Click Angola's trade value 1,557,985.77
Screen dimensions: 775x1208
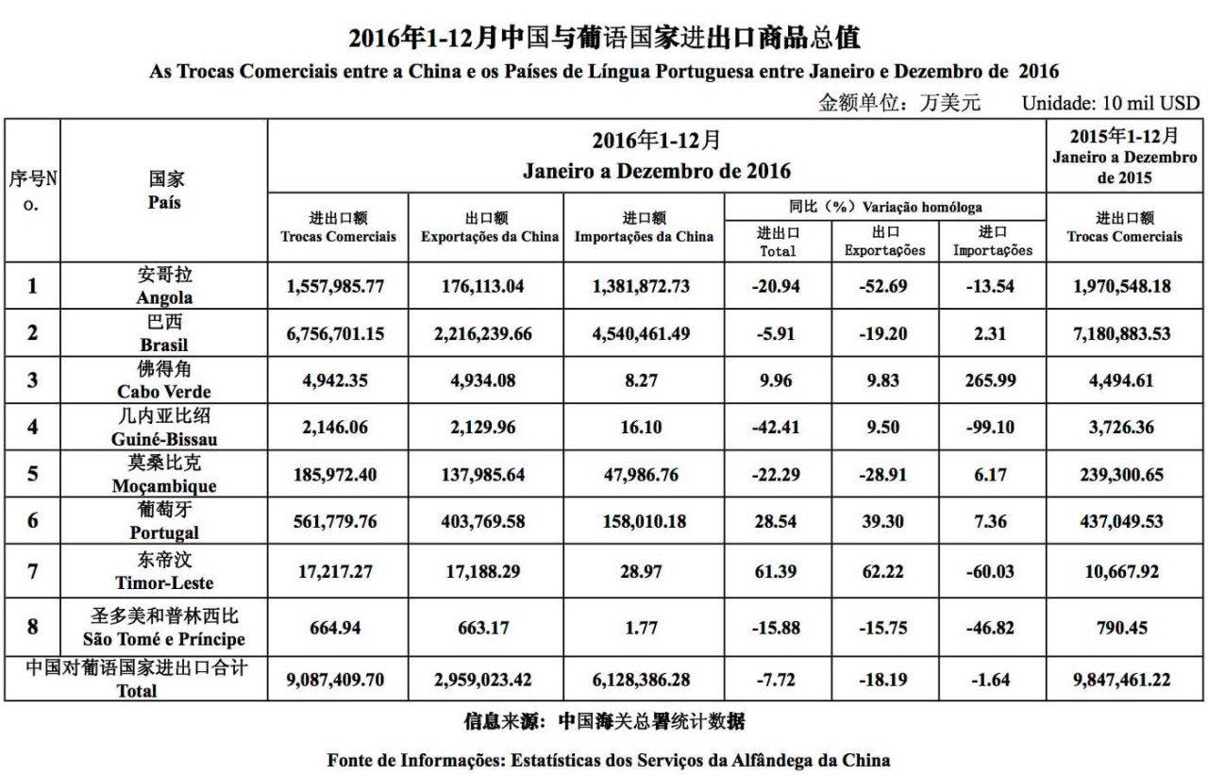(337, 286)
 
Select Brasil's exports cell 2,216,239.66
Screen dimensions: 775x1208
(489, 334)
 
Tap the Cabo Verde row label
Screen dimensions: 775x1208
(164, 380)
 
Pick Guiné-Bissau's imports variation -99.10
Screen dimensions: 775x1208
(991, 428)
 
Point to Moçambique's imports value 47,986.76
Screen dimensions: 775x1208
(642, 475)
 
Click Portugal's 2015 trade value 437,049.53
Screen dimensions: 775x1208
(1123, 522)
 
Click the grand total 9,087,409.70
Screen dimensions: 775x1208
(337, 680)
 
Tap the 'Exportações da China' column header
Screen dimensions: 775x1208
(489, 236)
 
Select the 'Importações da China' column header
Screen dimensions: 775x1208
(644, 236)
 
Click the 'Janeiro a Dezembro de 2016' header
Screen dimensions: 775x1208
(656, 172)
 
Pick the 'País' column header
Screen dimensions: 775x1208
(164, 201)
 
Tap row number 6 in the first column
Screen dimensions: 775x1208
(33, 522)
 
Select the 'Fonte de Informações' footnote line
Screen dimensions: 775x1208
(608, 759)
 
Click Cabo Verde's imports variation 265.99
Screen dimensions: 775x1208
(991, 380)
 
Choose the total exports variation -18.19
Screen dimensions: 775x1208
(884, 680)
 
